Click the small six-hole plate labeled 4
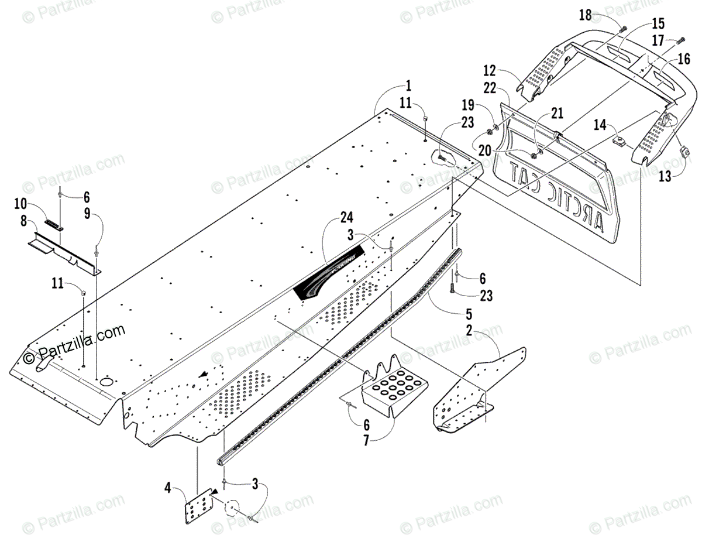click(198, 504)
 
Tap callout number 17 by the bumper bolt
click(658, 41)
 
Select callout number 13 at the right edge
click(665, 177)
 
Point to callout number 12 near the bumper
click(490, 71)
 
